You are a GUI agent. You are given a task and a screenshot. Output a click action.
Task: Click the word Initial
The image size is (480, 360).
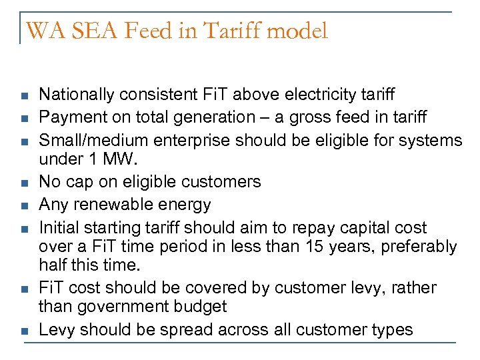pyautogui.click(x=58, y=227)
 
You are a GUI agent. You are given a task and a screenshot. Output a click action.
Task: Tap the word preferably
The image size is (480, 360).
pyautogui.click(x=415, y=247)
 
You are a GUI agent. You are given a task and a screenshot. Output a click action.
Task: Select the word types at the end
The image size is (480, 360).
pyautogui.click(x=392, y=330)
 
